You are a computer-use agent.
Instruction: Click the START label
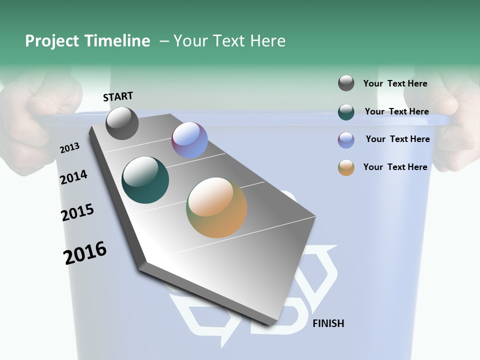[x=118, y=96]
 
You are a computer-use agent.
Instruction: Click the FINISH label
[x=328, y=323]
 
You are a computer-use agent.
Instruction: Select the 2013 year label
[x=69, y=148]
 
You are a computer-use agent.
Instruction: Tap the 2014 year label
[x=73, y=177]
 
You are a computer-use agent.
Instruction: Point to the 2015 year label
[x=77, y=212]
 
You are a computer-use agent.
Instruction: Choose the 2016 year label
[x=85, y=253]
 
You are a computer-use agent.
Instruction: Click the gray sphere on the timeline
[x=122, y=123]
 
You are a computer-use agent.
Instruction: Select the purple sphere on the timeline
[x=189, y=140]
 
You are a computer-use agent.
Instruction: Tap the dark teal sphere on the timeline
[x=145, y=180]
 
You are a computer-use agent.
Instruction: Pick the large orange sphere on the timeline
[x=216, y=207]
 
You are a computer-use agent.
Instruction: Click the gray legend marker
[x=346, y=83]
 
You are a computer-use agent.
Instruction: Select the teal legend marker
[x=346, y=112]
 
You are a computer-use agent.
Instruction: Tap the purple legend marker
[x=346, y=140]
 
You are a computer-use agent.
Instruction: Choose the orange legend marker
[x=346, y=167]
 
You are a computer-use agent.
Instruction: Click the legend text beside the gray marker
[x=395, y=83]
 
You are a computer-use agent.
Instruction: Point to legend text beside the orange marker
[x=395, y=167]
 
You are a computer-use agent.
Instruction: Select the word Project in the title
[x=52, y=41]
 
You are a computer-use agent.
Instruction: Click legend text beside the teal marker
[x=396, y=111]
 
